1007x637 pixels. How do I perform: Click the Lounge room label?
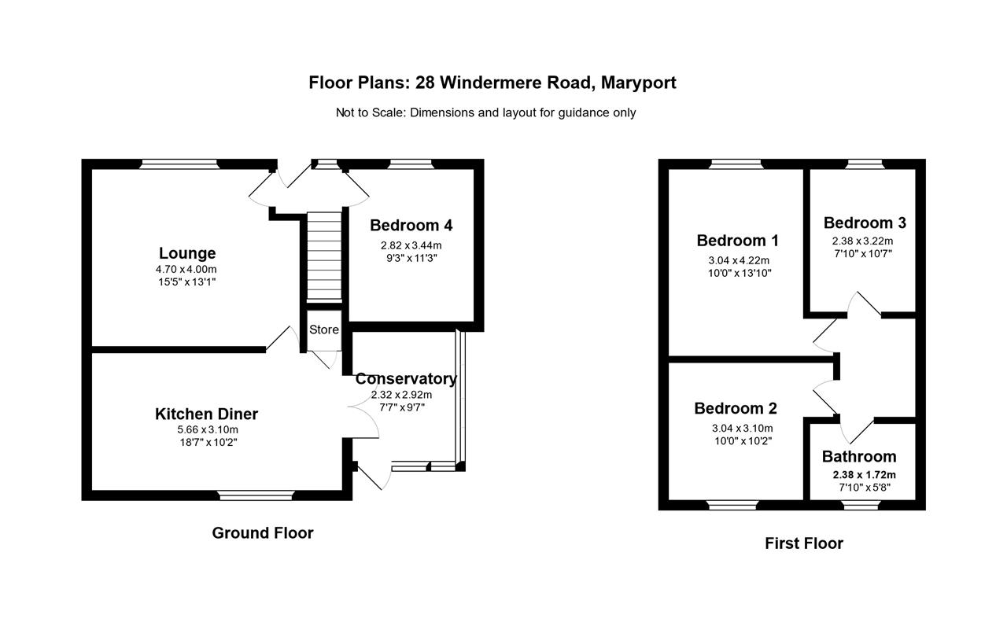click(x=187, y=253)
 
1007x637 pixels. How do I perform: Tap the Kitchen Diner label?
click(x=206, y=414)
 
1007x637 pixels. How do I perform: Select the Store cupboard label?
click(x=323, y=330)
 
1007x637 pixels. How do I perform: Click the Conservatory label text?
click(x=405, y=378)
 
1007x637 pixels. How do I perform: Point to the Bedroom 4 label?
click(x=411, y=226)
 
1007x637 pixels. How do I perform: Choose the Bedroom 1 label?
click(x=738, y=241)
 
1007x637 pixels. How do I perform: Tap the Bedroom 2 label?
click(x=735, y=408)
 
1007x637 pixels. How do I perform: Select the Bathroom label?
click(x=859, y=456)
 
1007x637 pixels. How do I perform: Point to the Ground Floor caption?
click(x=263, y=533)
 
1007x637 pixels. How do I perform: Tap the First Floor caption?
click(x=803, y=543)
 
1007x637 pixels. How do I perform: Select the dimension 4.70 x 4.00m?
click(x=187, y=270)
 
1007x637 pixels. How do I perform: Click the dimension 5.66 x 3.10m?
click(x=206, y=429)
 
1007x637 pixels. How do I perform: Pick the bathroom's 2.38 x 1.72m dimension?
click(x=864, y=474)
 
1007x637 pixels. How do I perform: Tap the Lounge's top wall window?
click(x=179, y=164)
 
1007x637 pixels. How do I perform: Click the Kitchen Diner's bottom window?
click(x=256, y=495)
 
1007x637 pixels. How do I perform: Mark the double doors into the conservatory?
click(x=363, y=414)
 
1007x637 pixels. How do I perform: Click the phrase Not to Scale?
click(x=370, y=112)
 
